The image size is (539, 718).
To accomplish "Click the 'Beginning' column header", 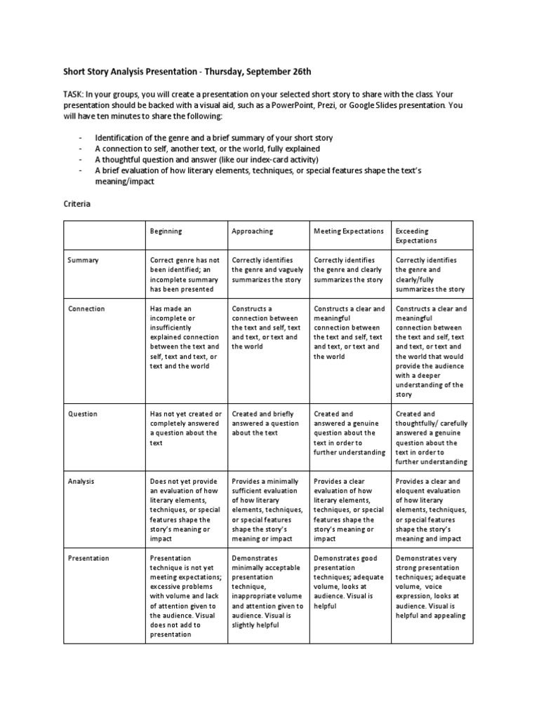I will pos(166,231).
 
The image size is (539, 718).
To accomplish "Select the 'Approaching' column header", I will pos(252,231).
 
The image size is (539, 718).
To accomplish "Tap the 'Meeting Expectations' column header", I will pos(349,231).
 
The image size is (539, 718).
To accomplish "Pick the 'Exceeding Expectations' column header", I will pos(412,236).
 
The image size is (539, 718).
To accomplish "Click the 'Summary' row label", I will pos(83,260).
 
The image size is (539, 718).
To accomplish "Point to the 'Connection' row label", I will pos(86,309).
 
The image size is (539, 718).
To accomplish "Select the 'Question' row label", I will pos(82,414).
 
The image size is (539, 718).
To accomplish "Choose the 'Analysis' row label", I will pos(81,482).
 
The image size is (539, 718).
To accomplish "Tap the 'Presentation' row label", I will pos(88,558).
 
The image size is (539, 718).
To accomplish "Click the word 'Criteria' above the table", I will pos(76,204).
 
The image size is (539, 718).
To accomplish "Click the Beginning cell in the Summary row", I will pos(185,274).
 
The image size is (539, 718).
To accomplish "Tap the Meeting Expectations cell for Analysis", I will pos(349,510).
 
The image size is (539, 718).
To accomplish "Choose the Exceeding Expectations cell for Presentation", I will pos(430,587).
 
